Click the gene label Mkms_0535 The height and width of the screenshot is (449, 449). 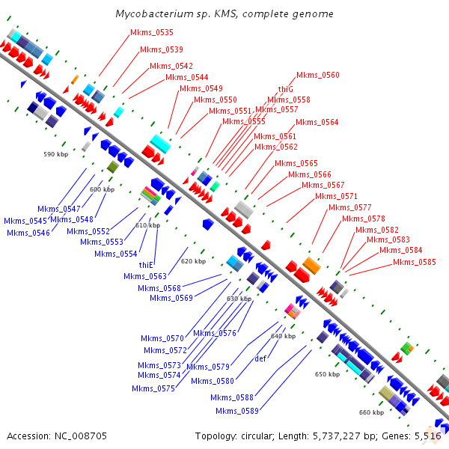click(x=152, y=33)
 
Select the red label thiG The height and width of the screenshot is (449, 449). click(x=285, y=89)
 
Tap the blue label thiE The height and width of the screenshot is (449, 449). click(x=146, y=265)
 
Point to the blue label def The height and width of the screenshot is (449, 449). click(x=261, y=358)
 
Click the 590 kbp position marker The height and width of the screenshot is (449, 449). click(x=55, y=154)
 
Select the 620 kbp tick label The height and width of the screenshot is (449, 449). click(x=193, y=261)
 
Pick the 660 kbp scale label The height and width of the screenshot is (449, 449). click(x=371, y=412)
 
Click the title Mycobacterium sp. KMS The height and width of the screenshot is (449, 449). click(x=224, y=14)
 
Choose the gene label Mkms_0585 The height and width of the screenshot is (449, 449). click(x=415, y=262)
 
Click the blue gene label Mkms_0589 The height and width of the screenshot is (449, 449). click(x=237, y=411)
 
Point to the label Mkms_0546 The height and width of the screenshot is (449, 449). click(x=28, y=233)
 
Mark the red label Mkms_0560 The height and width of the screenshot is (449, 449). click(x=318, y=76)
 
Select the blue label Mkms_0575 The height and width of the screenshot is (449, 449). click(x=153, y=388)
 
